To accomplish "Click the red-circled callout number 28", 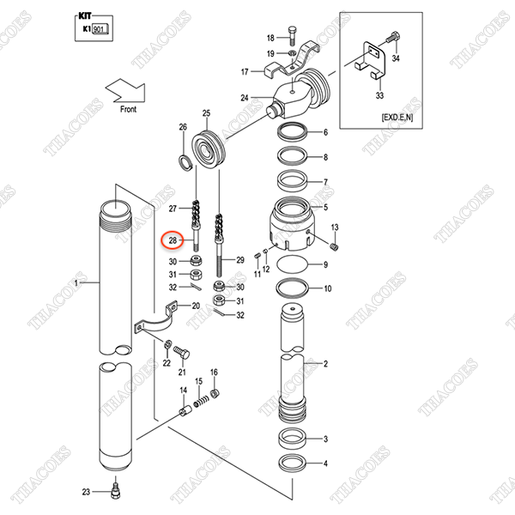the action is click(173, 240).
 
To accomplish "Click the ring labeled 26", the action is click(184, 161).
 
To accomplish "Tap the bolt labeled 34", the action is click(393, 40).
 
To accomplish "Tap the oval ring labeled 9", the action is click(292, 265).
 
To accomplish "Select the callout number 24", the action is click(245, 98).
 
